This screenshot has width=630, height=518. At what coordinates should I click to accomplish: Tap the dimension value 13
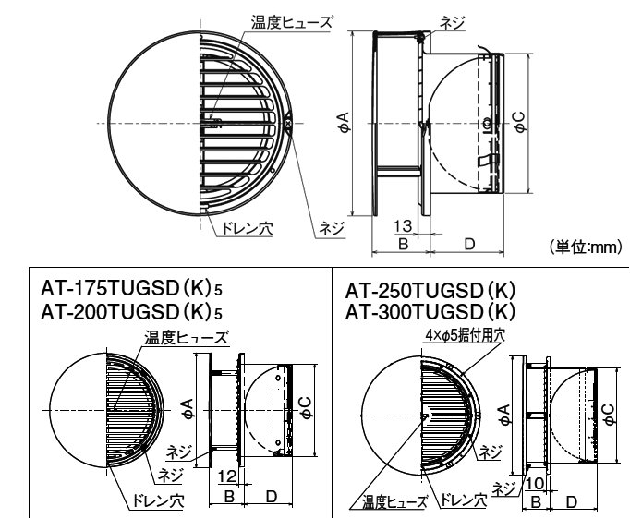[404, 226]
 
